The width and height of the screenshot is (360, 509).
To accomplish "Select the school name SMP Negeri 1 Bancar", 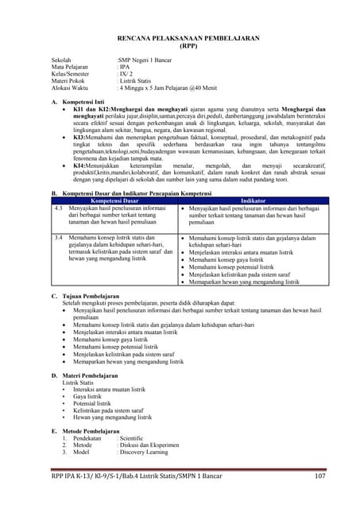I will click(148, 60).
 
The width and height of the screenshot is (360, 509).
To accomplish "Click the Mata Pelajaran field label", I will click(72, 68).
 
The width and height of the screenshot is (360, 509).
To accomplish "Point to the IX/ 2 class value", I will click(128, 75).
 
